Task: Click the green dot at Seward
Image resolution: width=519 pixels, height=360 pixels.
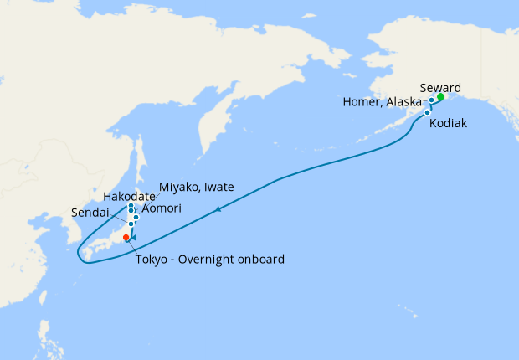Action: (440, 96)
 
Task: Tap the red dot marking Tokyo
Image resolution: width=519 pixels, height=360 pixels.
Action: (126, 238)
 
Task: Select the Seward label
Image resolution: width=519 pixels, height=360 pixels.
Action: (440, 87)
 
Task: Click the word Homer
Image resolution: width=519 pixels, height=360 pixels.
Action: (362, 102)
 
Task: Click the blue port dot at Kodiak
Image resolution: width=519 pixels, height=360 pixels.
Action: (427, 112)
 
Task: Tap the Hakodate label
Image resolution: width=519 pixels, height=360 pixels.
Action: (130, 196)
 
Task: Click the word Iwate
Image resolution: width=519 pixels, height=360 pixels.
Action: (218, 186)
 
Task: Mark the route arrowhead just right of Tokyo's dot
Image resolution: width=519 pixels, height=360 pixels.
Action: (132, 239)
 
